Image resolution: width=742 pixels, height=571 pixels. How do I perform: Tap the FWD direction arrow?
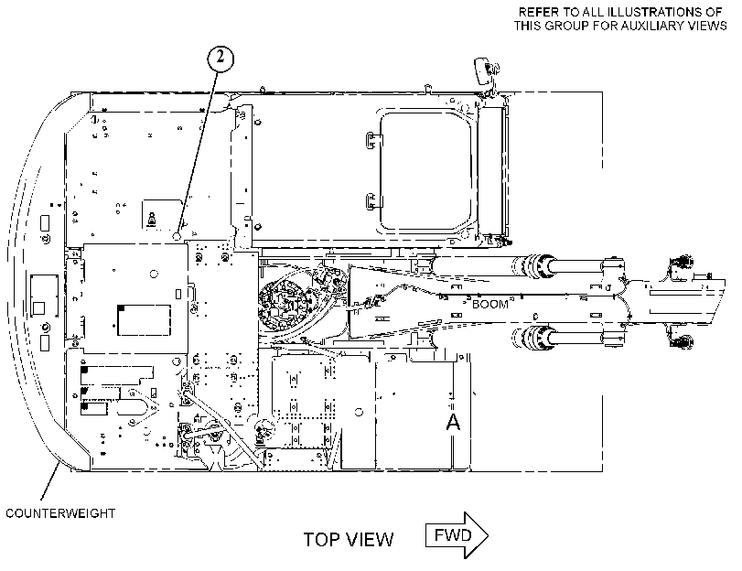coord(457,535)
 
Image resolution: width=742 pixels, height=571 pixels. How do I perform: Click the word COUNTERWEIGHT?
coord(60,513)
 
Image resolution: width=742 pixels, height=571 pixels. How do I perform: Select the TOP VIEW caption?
coord(349,540)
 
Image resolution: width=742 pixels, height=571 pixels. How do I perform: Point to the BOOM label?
coord(489,304)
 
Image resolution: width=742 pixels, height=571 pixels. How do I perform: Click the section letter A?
coord(453,422)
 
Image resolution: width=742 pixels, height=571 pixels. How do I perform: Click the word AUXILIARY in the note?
coord(651,26)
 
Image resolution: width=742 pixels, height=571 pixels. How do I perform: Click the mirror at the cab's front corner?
coord(483,70)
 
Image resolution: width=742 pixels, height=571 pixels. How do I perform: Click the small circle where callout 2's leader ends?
coord(177,235)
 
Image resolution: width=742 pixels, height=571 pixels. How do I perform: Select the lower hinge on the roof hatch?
coord(373,201)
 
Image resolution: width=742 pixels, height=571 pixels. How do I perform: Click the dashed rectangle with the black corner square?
coord(144,320)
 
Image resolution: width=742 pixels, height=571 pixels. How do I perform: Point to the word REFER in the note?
coord(535,11)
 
